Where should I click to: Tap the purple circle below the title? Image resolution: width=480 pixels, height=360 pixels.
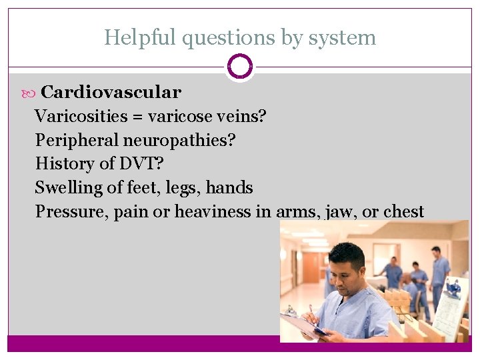(239, 67)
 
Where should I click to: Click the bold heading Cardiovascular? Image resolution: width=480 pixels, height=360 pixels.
(111, 92)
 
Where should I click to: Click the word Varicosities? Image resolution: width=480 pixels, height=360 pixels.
(81, 116)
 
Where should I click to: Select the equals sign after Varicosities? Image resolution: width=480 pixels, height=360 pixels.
(137, 117)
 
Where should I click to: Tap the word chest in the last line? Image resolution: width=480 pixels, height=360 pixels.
(403, 211)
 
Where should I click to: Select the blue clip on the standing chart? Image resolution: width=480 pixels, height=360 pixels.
(454, 287)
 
